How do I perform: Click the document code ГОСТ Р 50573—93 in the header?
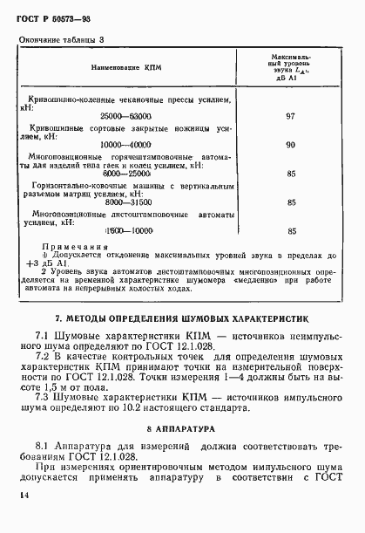[x=51, y=18]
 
